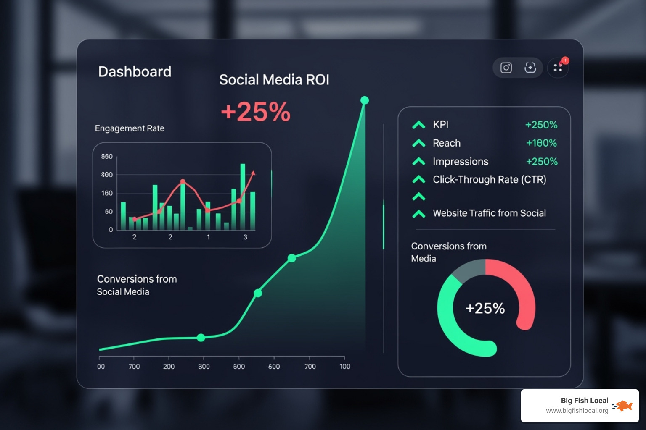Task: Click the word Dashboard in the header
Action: pos(135,72)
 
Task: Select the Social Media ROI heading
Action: pos(274,80)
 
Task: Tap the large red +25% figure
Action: pos(255,112)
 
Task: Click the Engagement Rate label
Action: pos(130,128)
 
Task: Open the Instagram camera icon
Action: pos(506,68)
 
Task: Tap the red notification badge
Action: pos(565,60)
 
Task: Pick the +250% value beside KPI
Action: pos(541,125)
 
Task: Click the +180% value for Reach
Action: pos(541,143)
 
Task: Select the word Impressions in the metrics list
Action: pos(461,162)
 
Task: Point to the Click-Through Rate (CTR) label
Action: pos(490,180)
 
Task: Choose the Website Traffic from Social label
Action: pos(489,213)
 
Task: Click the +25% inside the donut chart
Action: pos(485,308)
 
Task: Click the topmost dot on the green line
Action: pos(365,100)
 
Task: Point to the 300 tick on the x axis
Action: pos(204,367)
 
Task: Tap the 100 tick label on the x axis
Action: pos(345,367)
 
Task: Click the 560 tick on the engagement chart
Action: pos(107,157)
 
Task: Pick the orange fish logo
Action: pos(624,406)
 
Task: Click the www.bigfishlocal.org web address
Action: pos(577,411)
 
